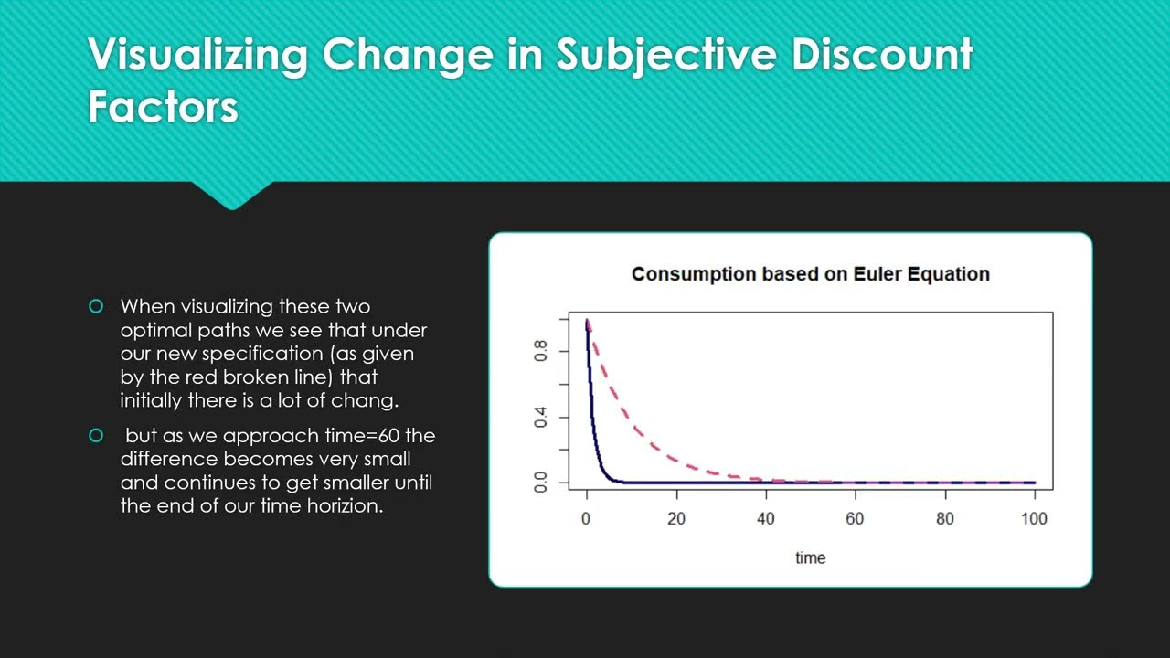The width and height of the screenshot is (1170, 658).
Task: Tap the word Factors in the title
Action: click(163, 107)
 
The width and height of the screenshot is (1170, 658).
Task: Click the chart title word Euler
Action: click(877, 274)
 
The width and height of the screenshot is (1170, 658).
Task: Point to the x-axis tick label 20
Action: click(676, 518)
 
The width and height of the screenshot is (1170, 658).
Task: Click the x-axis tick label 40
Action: click(766, 518)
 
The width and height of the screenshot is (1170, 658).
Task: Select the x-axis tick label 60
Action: click(855, 518)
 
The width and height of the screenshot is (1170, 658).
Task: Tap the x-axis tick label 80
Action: click(945, 518)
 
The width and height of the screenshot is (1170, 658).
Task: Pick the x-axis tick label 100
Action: click(1034, 518)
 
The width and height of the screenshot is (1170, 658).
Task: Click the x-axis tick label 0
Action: click(586, 518)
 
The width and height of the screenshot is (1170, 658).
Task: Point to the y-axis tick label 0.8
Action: click(540, 351)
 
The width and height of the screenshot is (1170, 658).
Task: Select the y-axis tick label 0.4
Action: click(540, 418)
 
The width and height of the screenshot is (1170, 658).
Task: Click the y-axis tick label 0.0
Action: click(540, 482)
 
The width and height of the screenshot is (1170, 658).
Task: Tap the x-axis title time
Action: click(811, 558)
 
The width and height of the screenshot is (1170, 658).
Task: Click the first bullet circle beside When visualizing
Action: click(96, 306)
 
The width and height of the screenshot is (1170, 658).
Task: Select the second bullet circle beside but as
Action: click(96, 435)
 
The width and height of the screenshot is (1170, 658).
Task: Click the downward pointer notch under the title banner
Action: click(232, 196)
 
